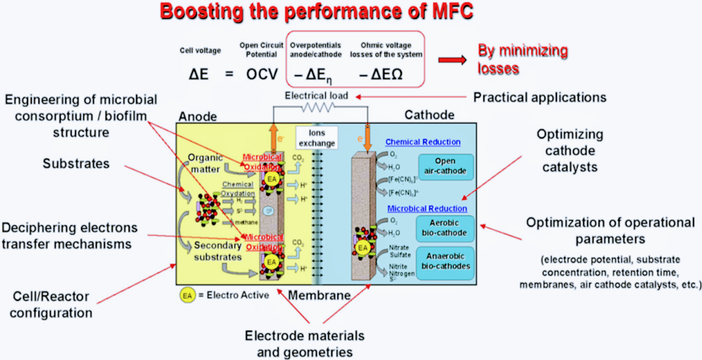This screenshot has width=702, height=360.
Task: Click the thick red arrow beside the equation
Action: coord(452,59)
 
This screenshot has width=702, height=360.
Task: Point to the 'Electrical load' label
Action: coord(317,97)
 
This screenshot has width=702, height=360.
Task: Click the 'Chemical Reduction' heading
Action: coord(423,142)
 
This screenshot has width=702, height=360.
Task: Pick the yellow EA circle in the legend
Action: coord(186,294)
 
